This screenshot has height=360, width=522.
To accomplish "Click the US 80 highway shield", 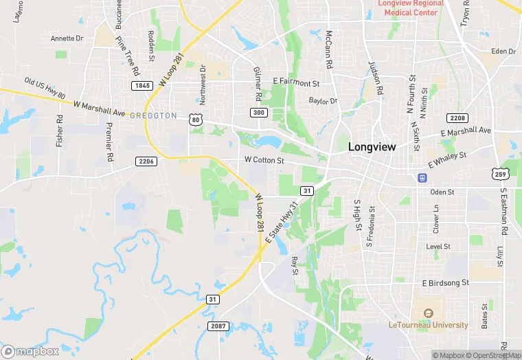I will click(x=196, y=120).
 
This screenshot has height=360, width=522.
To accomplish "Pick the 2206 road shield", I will click(x=146, y=161).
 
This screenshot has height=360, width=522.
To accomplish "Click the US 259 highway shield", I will click(x=499, y=173).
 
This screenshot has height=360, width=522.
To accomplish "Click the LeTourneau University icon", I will click(x=428, y=314).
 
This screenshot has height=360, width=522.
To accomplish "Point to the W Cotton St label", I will click(x=264, y=160).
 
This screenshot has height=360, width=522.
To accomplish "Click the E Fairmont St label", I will click(x=297, y=83).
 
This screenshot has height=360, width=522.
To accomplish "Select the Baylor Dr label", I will click(x=324, y=101).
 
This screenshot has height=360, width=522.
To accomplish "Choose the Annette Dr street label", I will click(x=67, y=38).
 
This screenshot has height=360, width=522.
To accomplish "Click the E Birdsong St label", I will click(x=445, y=282).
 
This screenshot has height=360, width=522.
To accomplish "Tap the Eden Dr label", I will click(x=503, y=52).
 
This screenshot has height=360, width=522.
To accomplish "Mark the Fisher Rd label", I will click(x=60, y=131).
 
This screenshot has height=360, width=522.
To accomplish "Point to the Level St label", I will click(x=438, y=246).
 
